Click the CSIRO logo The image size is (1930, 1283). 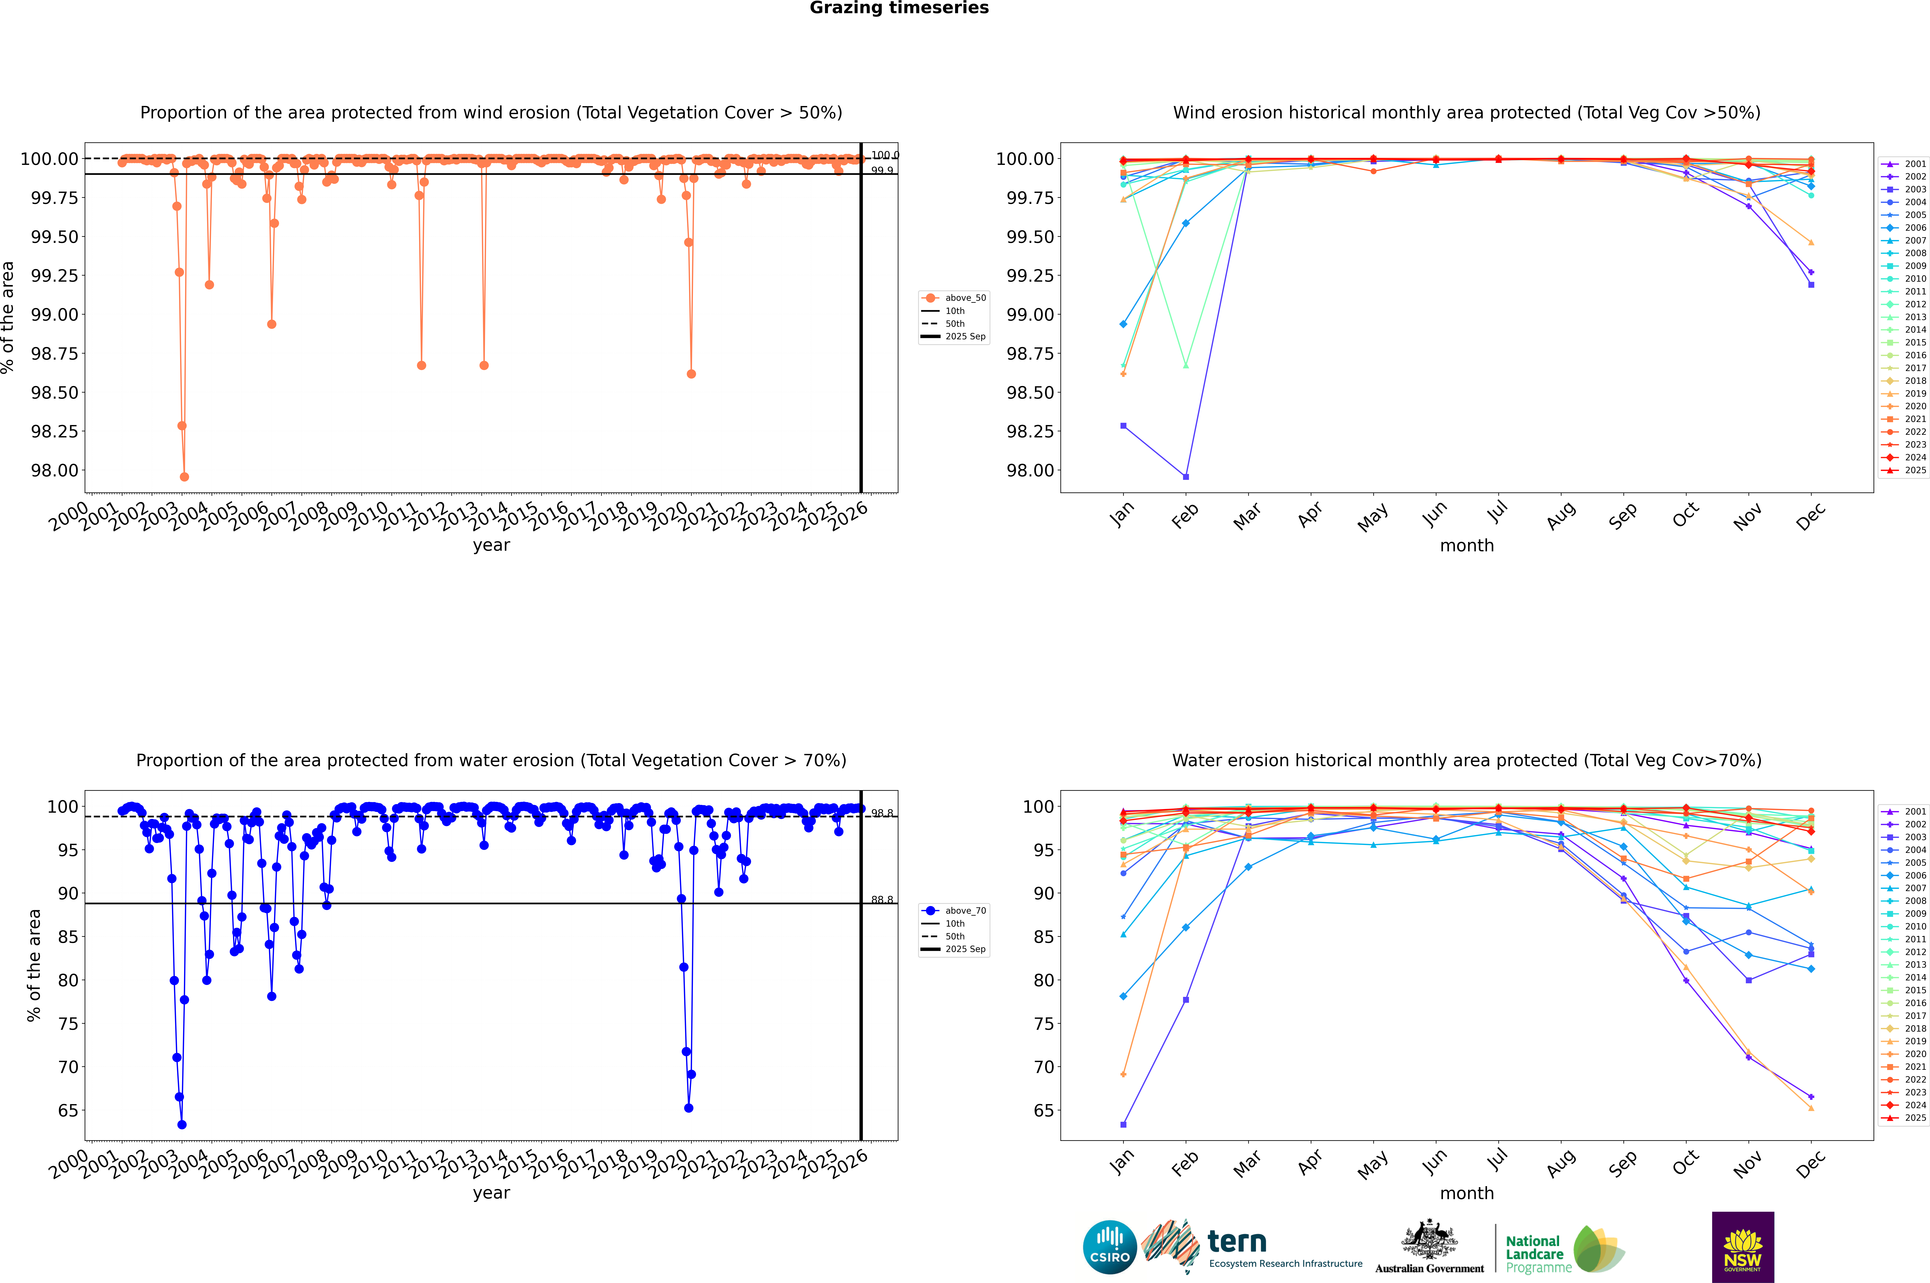coord(1109,1247)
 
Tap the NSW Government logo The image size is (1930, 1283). coord(1743,1247)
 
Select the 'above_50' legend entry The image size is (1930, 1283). coord(954,298)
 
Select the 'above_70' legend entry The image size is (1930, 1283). coord(954,911)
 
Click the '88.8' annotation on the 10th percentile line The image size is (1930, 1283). coord(882,900)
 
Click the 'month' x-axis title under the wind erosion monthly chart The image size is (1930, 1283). coord(1466,546)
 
